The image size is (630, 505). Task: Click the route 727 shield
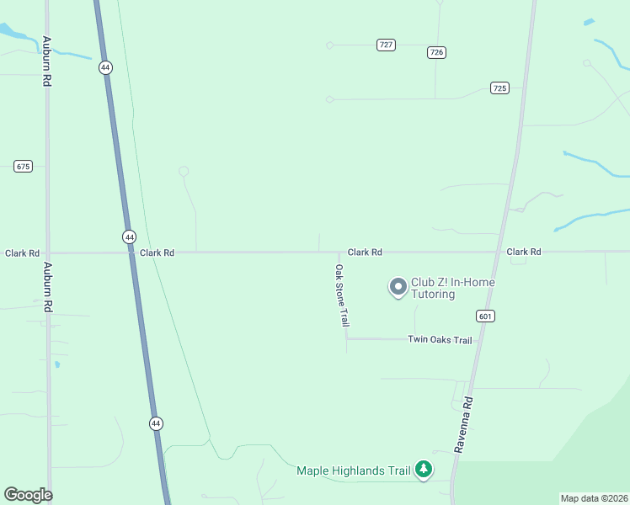pos(386,45)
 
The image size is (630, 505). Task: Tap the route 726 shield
pos(436,52)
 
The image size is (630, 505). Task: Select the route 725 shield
pos(500,88)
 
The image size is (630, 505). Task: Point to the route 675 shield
pos(23,166)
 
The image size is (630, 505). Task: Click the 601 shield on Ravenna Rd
pos(485,316)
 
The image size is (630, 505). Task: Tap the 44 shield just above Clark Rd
pos(129,237)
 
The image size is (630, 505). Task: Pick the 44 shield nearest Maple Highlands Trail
pos(156,423)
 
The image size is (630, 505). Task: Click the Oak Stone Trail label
pos(342,296)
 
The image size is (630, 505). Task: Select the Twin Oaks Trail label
pos(440,340)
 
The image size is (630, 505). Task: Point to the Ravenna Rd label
pos(465,426)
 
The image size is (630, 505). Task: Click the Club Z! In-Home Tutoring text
pos(453,288)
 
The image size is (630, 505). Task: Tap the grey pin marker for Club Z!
pos(397,287)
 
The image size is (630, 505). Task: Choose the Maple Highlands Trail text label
pos(354,470)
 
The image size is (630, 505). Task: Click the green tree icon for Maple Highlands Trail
pos(424,469)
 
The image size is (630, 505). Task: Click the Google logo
pos(28,495)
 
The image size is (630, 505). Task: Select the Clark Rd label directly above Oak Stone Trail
pos(365,252)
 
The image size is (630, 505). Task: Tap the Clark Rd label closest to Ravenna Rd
pos(524,252)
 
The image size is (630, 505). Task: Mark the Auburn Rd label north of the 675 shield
pos(47,61)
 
